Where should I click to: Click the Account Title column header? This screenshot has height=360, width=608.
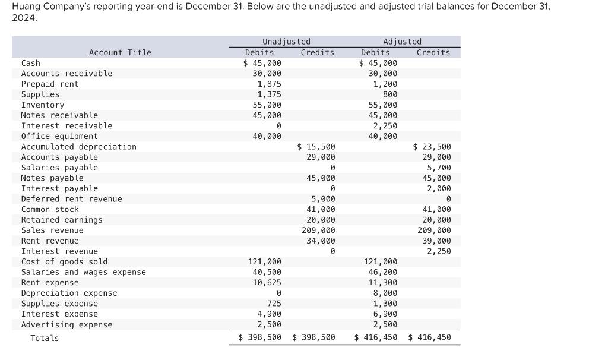tap(120, 53)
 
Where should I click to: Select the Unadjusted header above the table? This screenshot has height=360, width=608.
tap(286, 42)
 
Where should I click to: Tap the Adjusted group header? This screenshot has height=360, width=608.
tap(402, 42)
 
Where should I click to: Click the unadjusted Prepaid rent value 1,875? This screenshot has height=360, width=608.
tap(269, 84)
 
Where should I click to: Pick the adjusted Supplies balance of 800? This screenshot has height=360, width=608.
tap(389, 94)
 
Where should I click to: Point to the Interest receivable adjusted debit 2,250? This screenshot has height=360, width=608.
tap(385, 126)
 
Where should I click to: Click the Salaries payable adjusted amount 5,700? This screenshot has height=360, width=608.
tap(439, 168)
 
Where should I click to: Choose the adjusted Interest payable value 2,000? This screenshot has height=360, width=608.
tap(439, 188)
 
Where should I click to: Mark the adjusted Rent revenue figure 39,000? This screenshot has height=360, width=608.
tap(436, 241)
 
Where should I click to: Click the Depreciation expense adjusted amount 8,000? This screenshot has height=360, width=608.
tap(385, 293)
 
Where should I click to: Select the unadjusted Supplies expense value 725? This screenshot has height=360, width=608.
tap(274, 304)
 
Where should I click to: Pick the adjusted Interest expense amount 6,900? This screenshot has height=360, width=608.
tap(385, 314)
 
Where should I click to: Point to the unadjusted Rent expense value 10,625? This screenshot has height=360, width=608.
tap(267, 283)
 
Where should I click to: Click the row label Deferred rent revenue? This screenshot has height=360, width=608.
tap(71, 199)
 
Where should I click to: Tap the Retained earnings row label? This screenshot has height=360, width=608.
tap(61, 220)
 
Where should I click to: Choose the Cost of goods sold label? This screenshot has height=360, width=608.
tap(64, 261)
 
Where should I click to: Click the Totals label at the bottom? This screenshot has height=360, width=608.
tap(45, 338)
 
